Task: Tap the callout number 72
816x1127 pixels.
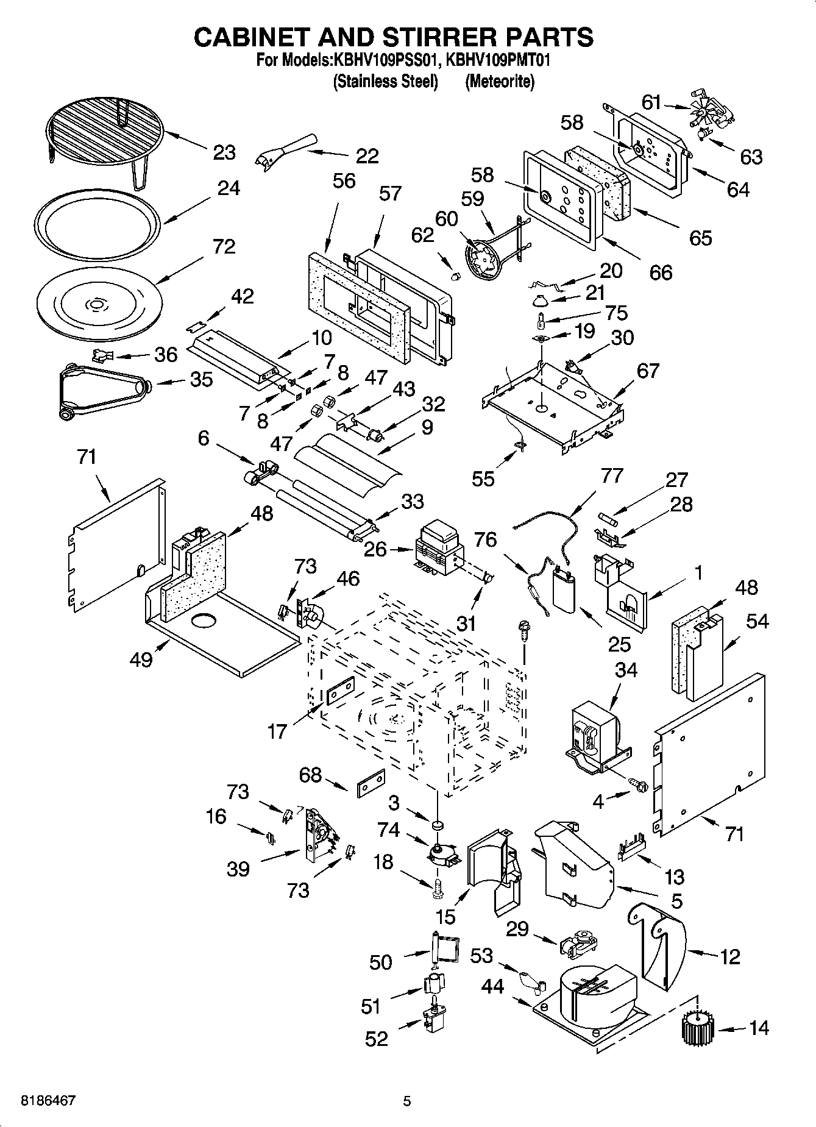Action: [x=224, y=247]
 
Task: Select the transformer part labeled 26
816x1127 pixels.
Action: [x=438, y=547]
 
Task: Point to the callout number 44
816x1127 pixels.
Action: [x=492, y=986]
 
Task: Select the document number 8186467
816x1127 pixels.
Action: [x=49, y=1101]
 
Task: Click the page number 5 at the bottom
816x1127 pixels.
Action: [x=407, y=1101]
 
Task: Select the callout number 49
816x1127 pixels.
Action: [x=141, y=659]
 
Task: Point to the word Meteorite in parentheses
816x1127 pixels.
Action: [x=499, y=82]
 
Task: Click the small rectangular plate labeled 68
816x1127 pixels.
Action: [x=369, y=784]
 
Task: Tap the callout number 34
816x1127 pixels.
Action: [x=625, y=669]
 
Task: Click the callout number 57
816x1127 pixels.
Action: [x=390, y=193]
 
